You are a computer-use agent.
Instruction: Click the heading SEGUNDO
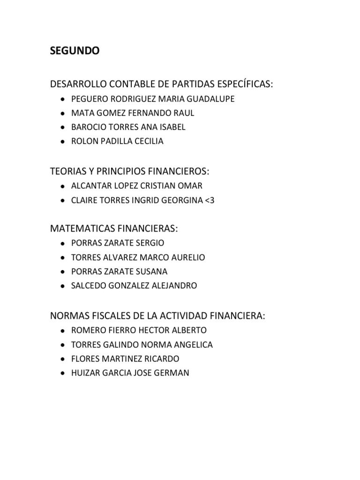click(75, 52)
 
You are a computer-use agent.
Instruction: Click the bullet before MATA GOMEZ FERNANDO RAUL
click(63, 113)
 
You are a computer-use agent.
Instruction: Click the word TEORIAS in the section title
click(68, 171)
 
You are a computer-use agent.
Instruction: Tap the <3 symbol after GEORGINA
click(209, 200)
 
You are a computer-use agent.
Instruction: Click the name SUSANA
click(151, 271)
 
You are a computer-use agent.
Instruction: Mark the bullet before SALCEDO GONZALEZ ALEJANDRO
click(63, 286)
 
